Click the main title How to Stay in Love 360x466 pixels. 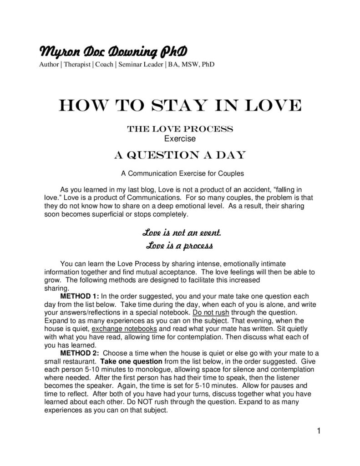click(180, 106)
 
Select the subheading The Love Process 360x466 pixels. click(180, 129)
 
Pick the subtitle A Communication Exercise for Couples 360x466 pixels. click(180, 173)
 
